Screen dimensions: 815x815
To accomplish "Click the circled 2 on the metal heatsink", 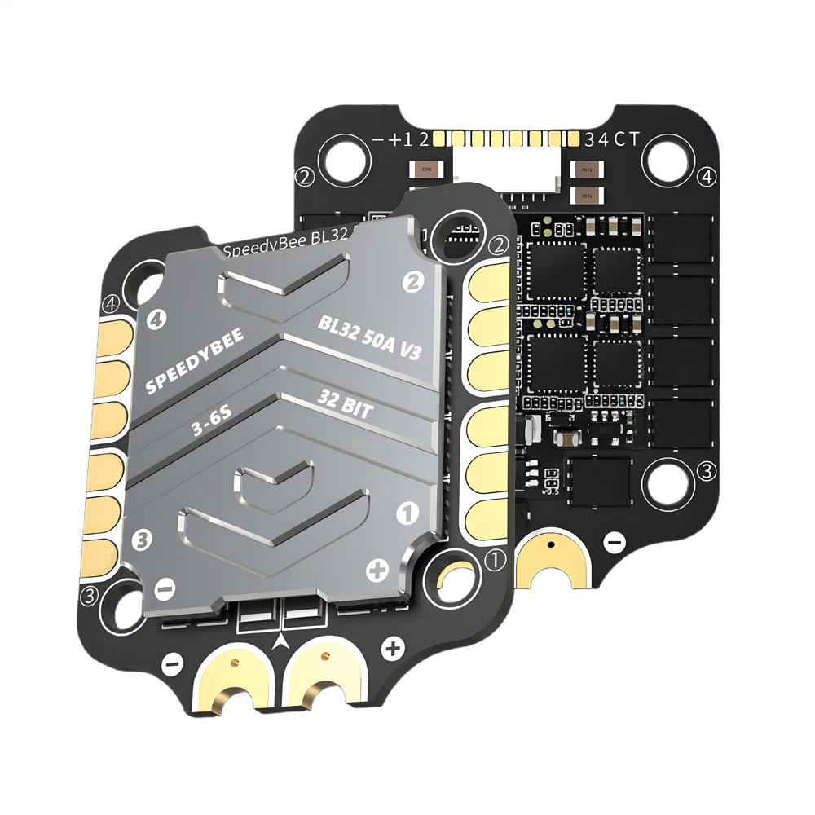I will coord(414,282).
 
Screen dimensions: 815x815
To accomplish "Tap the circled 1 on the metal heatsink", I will coord(406,513).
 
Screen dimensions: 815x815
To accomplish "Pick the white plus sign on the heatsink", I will coord(377,570).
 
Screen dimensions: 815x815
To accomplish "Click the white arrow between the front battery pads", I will coord(283,641).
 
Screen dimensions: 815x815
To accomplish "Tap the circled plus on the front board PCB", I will coord(394,649).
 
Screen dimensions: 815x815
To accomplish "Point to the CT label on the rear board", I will coord(628,139).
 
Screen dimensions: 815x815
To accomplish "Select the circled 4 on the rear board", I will coord(707,176).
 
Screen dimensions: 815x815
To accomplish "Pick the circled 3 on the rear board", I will coord(707,470).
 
